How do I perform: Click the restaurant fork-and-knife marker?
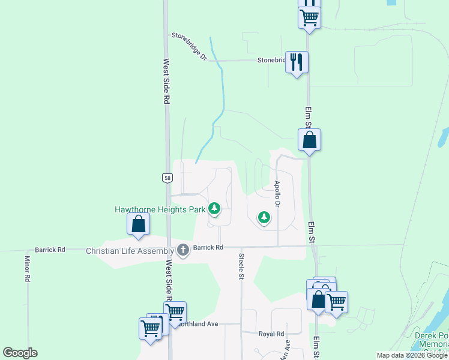[x=297, y=62]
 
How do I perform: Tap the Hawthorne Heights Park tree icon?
[x=215, y=209]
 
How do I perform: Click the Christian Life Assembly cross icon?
[x=183, y=250]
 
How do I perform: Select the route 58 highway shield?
[x=167, y=178]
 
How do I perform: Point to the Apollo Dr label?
[x=277, y=194]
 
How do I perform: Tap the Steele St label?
[x=241, y=266]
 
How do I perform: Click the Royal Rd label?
[x=271, y=334]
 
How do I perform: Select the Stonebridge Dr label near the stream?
[x=189, y=46]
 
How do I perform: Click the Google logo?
[x=20, y=353]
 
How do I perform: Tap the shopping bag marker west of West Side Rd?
[x=139, y=224]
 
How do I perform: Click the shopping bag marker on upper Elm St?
[x=309, y=140]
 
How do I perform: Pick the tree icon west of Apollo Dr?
[x=263, y=217]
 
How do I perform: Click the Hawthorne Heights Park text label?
[x=160, y=209]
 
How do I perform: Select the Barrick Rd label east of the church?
[x=207, y=247]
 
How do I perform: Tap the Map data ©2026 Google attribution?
[x=412, y=355]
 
